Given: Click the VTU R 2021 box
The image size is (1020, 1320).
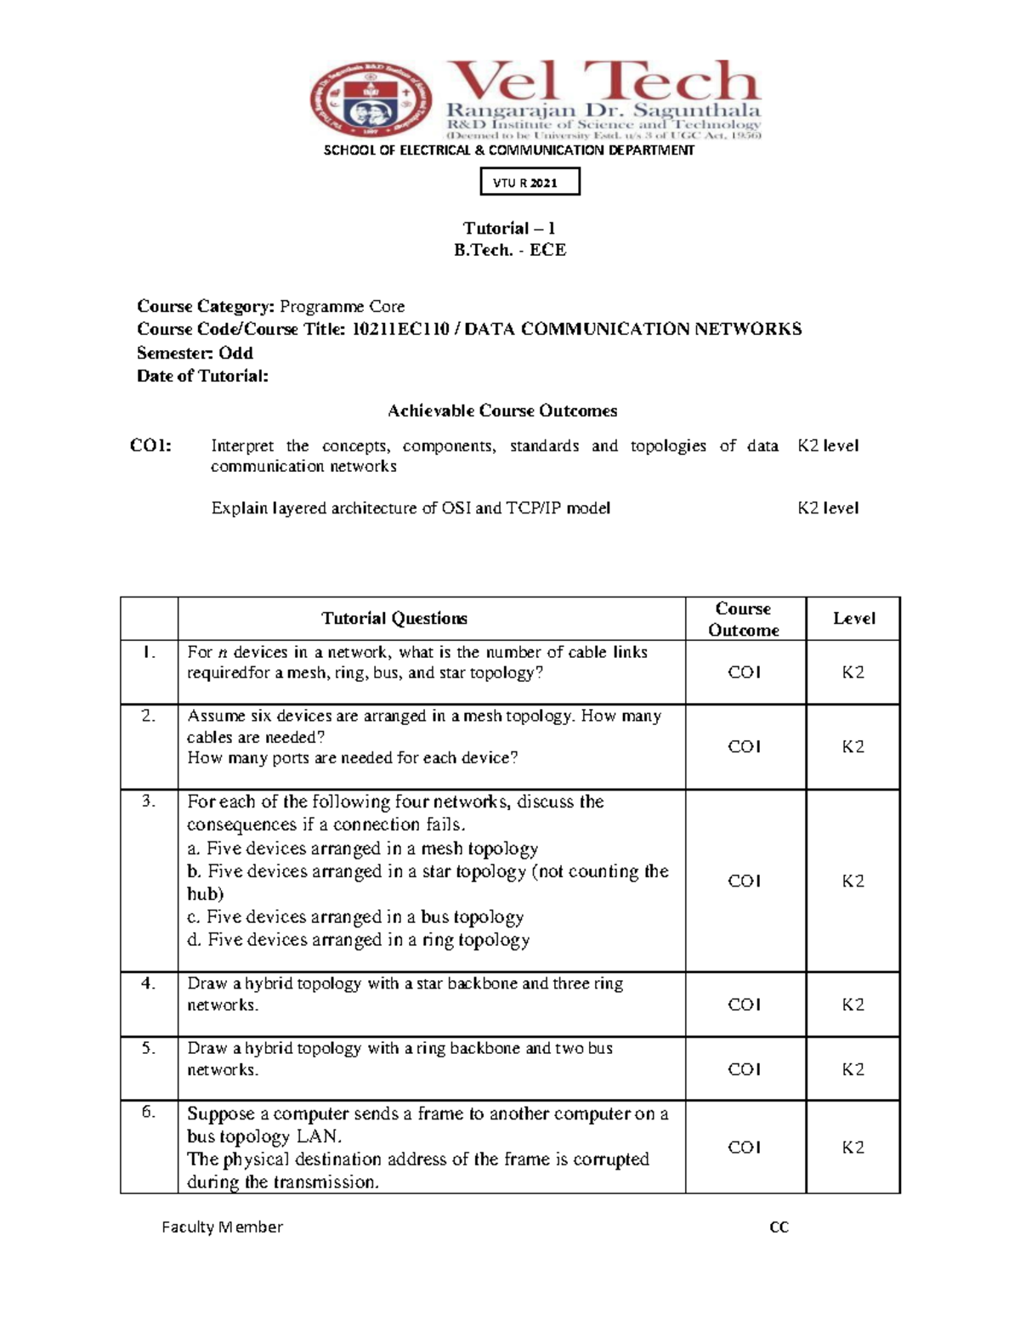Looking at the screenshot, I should tap(530, 182).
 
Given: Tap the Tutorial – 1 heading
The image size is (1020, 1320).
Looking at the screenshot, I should tap(509, 228).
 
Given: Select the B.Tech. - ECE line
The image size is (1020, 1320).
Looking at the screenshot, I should tap(509, 250).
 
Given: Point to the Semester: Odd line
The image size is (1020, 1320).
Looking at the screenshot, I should tap(195, 353).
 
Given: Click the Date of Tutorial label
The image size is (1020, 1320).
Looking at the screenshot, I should tap(202, 376).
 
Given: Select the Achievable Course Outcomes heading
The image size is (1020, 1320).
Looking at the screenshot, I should tap(502, 411).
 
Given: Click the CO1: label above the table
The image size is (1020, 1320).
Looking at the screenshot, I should tap(150, 445).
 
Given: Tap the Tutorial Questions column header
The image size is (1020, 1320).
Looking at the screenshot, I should tap(394, 619).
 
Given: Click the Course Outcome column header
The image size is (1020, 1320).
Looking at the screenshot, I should tap(744, 619).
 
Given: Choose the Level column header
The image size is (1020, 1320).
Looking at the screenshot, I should tap(853, 619).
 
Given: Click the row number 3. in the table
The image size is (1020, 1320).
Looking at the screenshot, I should tap(149, 802).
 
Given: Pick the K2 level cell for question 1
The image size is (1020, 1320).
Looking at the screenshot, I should tap(853, 672).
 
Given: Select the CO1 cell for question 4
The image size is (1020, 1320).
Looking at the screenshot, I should tap(744, 1004).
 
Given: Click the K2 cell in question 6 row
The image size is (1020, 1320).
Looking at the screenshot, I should tap(853, 1147).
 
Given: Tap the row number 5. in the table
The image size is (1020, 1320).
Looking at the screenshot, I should tap(149, 1048).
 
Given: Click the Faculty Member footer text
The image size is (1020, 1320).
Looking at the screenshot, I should tap(222, 1227).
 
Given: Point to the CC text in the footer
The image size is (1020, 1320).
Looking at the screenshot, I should tap(779, 1227).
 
